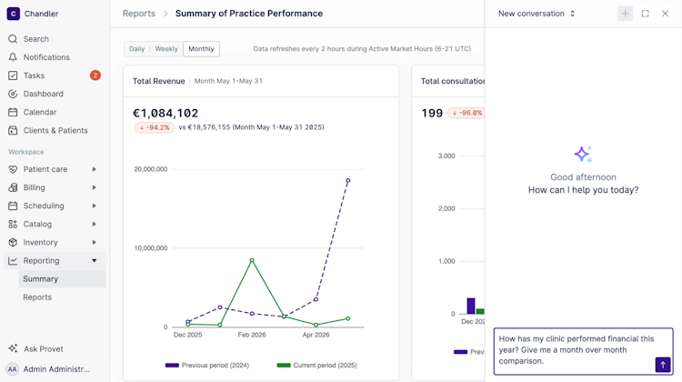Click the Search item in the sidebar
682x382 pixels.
click(35, 39)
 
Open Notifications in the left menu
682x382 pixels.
click(46, 57)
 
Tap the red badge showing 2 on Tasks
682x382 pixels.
click(95, 75)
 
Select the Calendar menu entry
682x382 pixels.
click(40, 112)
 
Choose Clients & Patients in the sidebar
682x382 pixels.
click(55, 130)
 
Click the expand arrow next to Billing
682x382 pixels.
click(94, 187)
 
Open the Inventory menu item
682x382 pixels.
click(40, 242)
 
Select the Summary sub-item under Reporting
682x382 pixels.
click(40, 279)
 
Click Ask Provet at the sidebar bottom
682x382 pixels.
click(43, 349)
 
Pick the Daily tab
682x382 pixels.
click(136, 49)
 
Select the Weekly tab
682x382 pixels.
click(166, 49)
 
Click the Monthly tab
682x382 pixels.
click(201, 49)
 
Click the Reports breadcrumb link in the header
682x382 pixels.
click(139, 14)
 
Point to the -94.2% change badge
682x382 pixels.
click(155, 127)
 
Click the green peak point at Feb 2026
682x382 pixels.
click(252, 260)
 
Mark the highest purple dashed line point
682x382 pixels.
click(348, 180)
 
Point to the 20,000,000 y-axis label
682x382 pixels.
click(150, 169)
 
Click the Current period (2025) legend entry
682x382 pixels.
click(317, 365)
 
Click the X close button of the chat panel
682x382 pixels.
click(665, 14)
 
